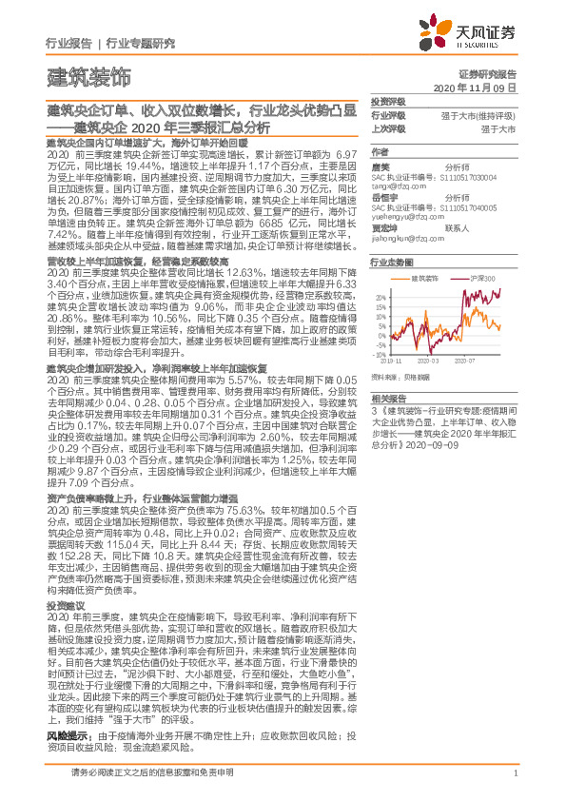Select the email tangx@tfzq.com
[399, 188]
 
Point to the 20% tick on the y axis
[380, 298]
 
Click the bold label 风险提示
[68, 736]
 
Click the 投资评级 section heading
[388, 100]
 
